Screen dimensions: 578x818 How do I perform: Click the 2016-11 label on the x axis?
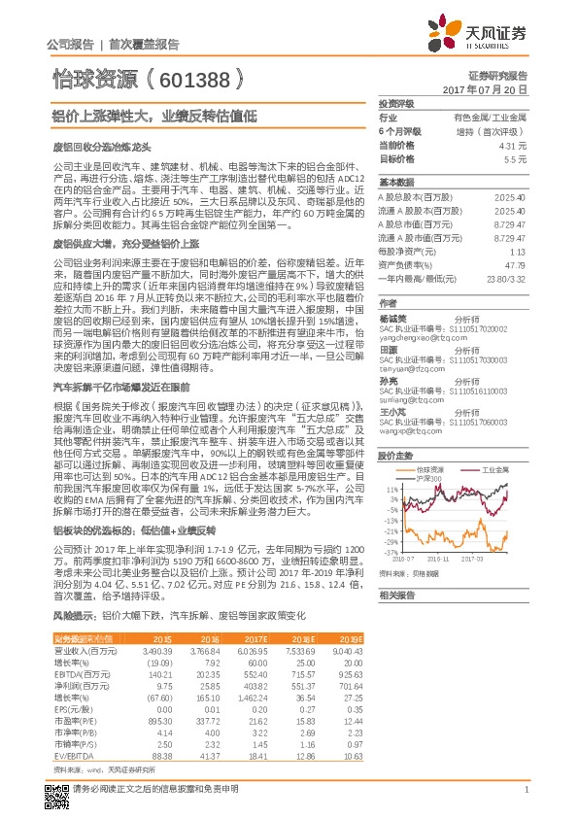[x=433, y=558]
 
